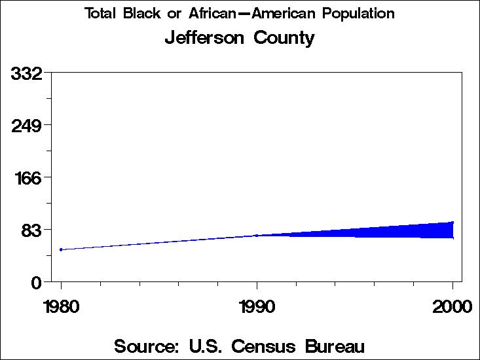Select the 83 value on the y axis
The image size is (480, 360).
(x=32, y=230)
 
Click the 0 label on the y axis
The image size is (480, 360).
(x=38, y=282)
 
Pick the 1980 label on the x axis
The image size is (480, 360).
(x=61, y=306)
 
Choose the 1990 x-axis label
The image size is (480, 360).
(x=257, y=306)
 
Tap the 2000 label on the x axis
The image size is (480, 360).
(x=452, y=306)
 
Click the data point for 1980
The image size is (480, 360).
(x=61, y=249)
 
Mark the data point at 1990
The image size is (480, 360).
(x=257, y=235)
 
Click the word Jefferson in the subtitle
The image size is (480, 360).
(x=203, y=38)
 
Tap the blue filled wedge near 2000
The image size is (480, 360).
(x=426, y=230)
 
